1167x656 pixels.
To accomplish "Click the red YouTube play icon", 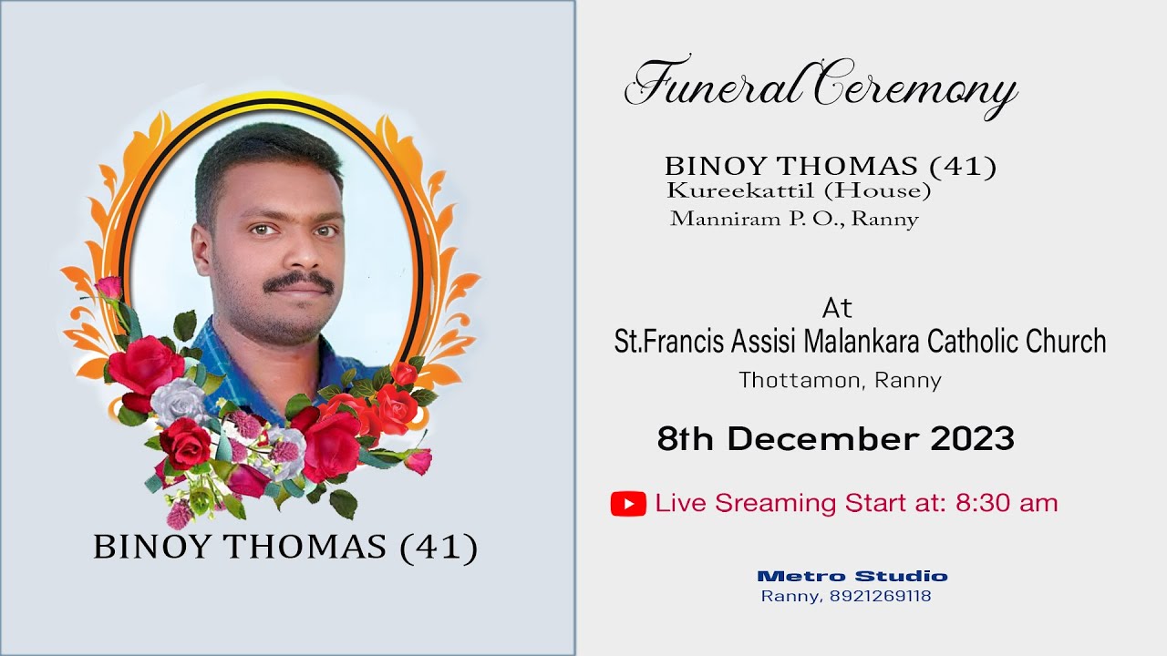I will [x=628, y=504].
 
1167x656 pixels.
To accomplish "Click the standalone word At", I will [x=837, y=307].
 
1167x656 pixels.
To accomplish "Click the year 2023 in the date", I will [x=972, y=439].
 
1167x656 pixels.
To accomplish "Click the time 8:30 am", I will [x=1007, y=503].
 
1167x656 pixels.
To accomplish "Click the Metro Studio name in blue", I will [x=852, y=576].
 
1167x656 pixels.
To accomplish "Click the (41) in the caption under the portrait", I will [x=439, y=547].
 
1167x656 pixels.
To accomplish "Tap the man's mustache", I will [x=298, y=282].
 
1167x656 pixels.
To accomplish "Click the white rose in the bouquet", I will [x=179, y=401].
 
